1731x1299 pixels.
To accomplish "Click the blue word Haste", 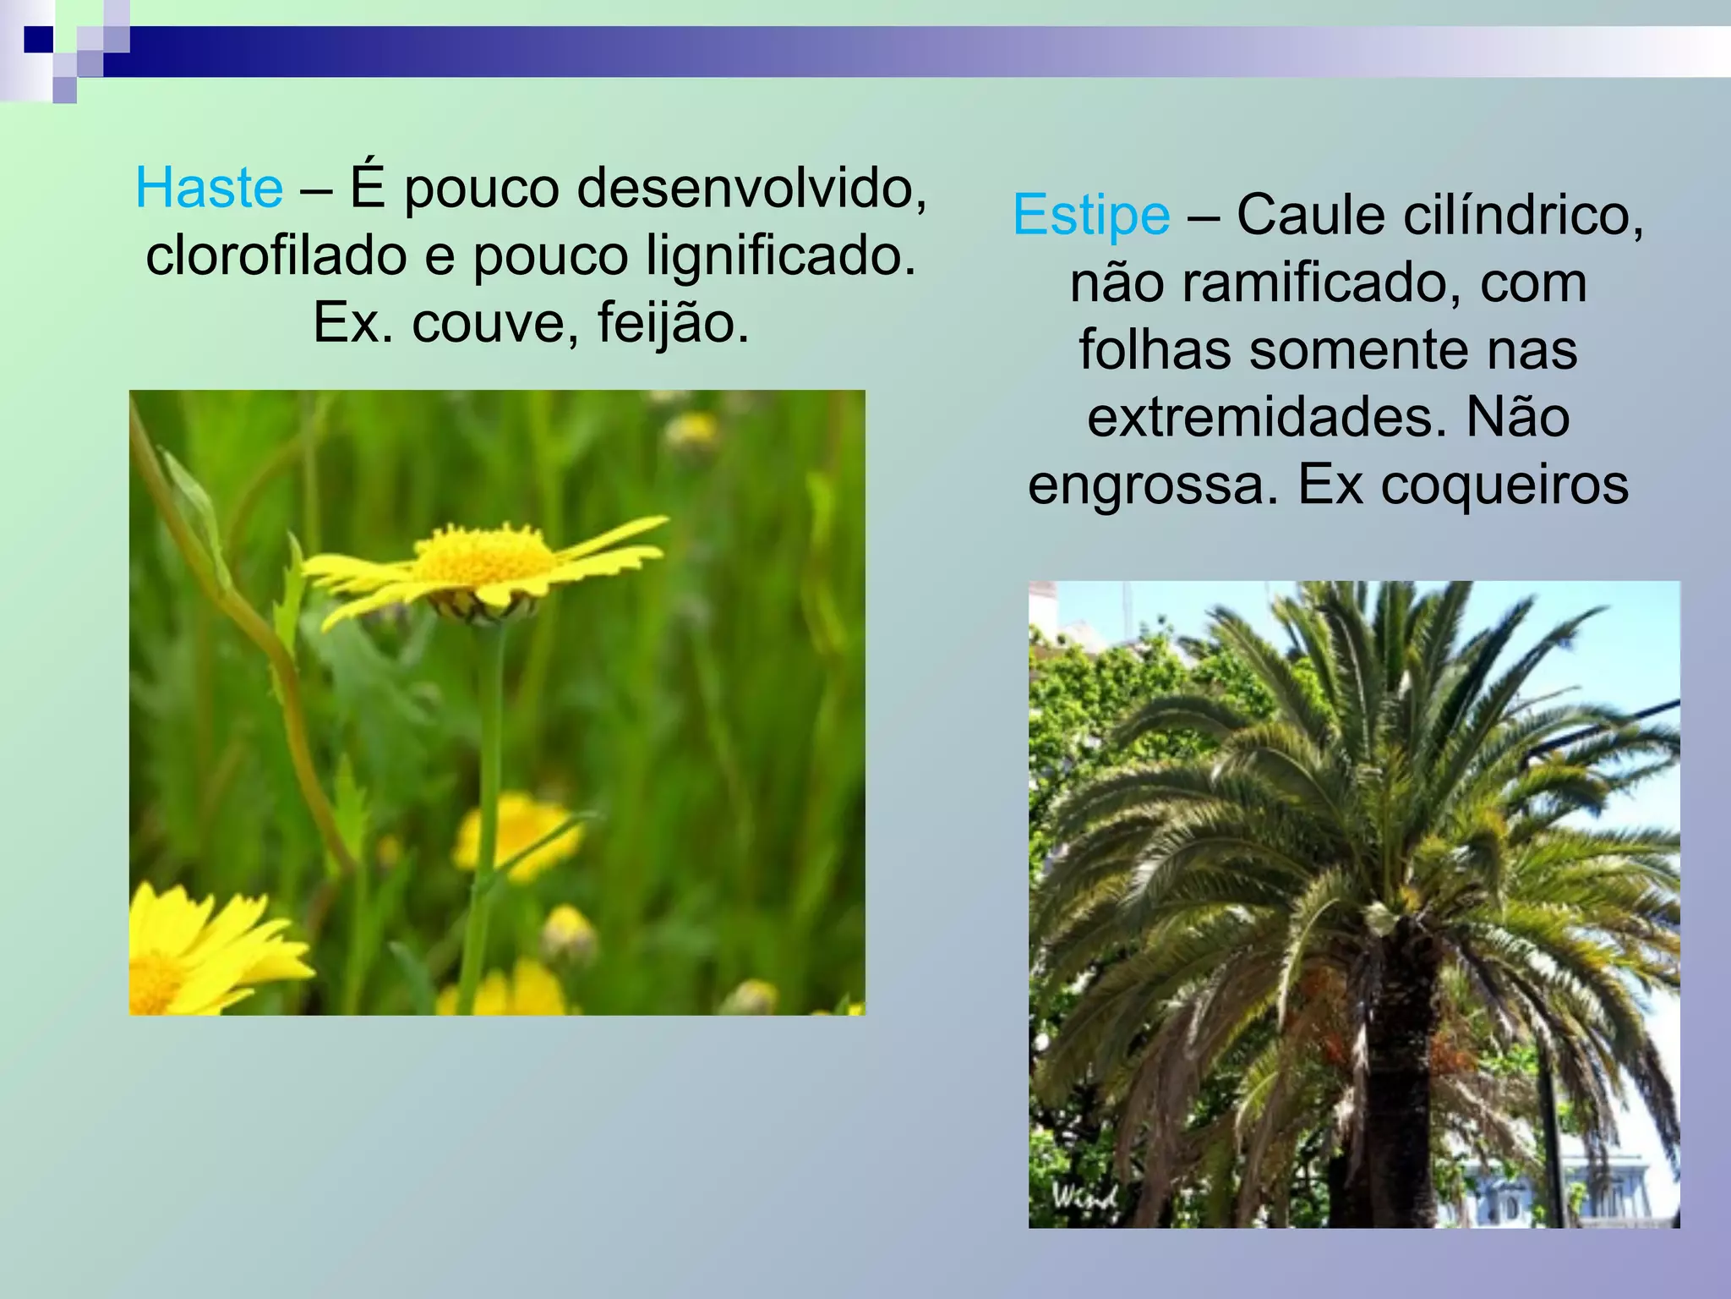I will (209, 188).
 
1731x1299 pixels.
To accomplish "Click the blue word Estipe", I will (1091, 215).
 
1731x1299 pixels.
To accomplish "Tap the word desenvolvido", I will (751, 188).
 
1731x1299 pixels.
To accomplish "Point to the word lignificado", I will (781, 255).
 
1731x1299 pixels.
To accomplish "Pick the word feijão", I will (673, 323).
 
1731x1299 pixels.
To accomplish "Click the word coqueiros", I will (1504, 485).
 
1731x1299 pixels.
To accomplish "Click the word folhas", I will (1155, 350).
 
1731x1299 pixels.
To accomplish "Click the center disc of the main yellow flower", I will (483, 558).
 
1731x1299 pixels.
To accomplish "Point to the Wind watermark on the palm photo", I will (1084, 1197).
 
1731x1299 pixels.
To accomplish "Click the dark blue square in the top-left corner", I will (39, 39).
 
